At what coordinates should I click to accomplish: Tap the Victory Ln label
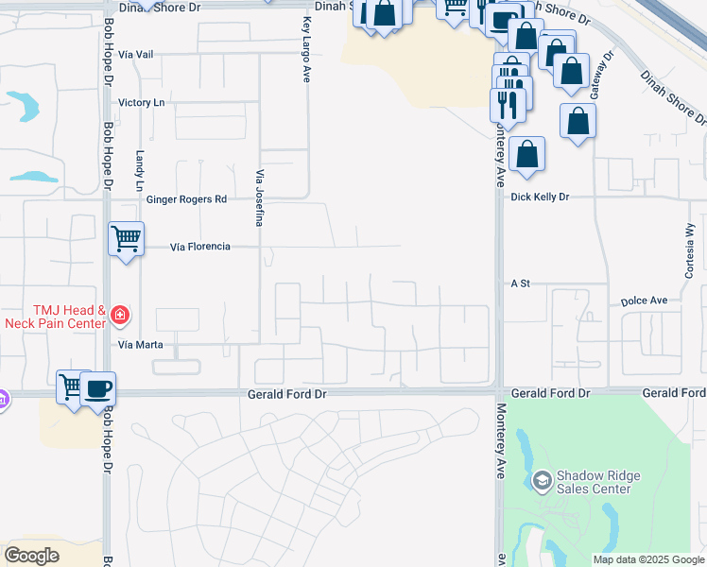[141, 102]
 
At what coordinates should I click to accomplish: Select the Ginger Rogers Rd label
[187, 199]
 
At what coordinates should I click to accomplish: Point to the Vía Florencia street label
[200, 247]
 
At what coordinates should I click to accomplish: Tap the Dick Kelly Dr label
[540, 198]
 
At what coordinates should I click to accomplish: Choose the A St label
[519, 283]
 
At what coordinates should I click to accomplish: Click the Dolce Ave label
[644, 301]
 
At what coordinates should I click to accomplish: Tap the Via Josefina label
[258, 198]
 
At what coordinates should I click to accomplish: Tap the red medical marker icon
[120, 314]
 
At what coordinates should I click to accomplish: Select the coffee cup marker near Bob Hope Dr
[97, 387]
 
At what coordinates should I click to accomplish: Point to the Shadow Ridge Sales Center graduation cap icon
[542, 481]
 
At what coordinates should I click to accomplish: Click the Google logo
[31, 556]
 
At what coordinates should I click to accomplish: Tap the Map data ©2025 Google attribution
[648, 559]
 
